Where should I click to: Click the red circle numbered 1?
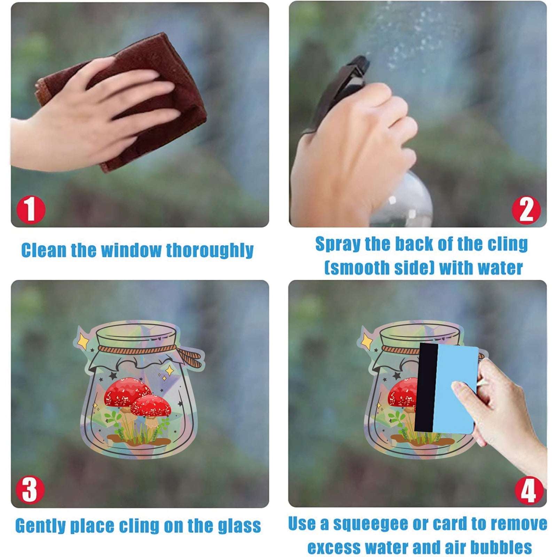tap(31, 210)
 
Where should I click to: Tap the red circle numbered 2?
tap(526, 210)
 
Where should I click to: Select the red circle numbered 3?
tap(30, 490)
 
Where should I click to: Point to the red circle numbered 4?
tap(528, 490)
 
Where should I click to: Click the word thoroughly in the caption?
tap(210, 251)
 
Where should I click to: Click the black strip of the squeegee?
tap(426, 387)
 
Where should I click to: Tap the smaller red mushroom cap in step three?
tap(151, 406)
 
